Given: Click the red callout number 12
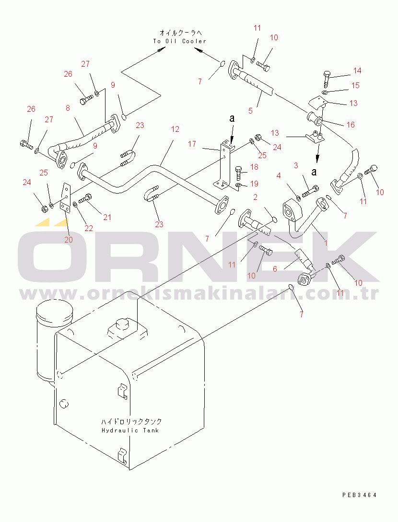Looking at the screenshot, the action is [175, 129].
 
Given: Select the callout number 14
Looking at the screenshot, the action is [357, 70].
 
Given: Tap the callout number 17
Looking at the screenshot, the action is [192, 144].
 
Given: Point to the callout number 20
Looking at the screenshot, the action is [68, 240].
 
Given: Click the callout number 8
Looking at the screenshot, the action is [68, 108].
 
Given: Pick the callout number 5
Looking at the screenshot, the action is [250, 111].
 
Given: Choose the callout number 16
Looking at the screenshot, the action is [351, 125].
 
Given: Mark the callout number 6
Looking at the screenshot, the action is [275, 269].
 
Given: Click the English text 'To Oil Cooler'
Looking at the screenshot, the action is [179, 41].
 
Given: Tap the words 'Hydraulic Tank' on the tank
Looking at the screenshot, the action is [130, 430].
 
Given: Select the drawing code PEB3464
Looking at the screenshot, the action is [359, 495].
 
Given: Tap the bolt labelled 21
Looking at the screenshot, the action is [85, 199].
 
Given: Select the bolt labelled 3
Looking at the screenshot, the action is [310, 191].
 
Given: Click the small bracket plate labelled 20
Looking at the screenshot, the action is [66, 198].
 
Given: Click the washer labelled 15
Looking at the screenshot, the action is [326, 92].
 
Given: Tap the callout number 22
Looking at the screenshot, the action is [89, 228].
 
